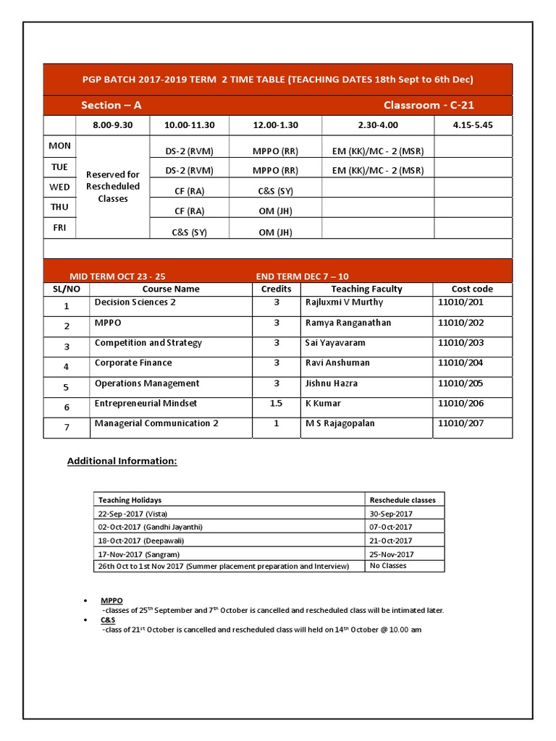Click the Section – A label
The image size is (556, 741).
click(x=111, y=106)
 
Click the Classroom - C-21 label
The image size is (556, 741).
click(x=429, y=106)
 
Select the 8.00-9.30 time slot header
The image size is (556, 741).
click(x=112, y=126)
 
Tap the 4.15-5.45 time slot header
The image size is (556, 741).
click(x=472, y=126)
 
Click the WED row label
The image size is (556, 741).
click(x=59, y=187)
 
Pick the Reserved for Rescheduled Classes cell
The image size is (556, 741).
click(x=112, y=187)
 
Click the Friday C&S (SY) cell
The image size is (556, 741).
click(x=189, y=232)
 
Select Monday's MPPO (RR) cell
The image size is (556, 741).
click(x=275, y=151)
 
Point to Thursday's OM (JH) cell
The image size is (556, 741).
click(x=275, y=211)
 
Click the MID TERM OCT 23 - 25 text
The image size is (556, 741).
click(x=117, y=276)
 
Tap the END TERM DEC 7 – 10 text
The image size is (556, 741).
click(x=302, y=276)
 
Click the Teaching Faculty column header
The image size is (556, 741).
click(x=366, y=289)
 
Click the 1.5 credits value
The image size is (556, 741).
click(x=276, y=404)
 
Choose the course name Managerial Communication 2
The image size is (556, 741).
click(x=156, y=424)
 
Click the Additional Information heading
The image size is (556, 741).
click(x=122, y=461)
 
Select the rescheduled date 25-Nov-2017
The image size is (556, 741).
click(x=390, y=554)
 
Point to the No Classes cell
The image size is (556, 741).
click(x=388, y=566)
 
